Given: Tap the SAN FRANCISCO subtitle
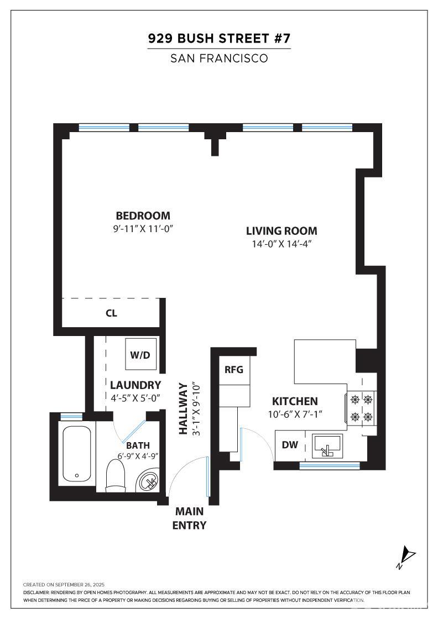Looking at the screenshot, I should coord(219,58).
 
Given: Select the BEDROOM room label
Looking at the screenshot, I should coord(143,216).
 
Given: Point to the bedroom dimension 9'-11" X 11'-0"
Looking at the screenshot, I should coord(143,228).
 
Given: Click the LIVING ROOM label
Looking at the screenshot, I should coord(281,231).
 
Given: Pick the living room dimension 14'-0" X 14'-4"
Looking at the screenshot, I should coord(281,244).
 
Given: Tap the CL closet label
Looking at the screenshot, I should coord(111,313).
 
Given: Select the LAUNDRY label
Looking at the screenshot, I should coord(135,385).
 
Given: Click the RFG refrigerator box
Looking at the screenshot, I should coord(233,370).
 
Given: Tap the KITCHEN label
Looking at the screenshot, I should coord(295,401).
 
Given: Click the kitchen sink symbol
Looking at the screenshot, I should coord(327,445).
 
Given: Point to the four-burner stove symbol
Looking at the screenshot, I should coord(361,408).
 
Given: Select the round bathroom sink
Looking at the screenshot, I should coord(149,481).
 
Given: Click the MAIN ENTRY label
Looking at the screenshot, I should coord(190,518).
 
